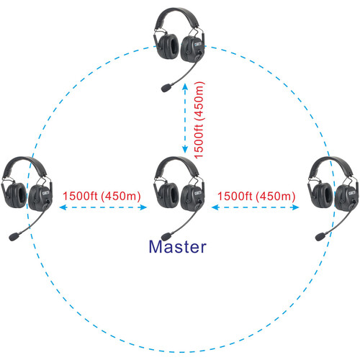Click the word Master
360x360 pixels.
click(x=177, y=246)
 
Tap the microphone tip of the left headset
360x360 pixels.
click(x=14, y=235)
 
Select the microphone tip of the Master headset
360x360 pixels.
click(x=167, y=235)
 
